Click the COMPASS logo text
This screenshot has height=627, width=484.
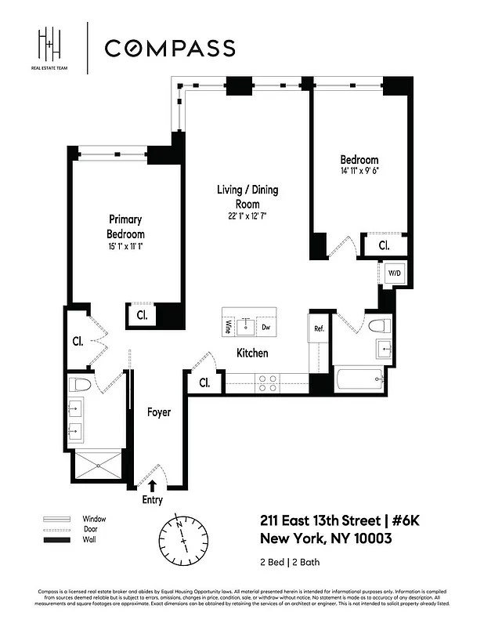click(x=169, y=48)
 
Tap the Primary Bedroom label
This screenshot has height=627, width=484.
click(x=125, y=227)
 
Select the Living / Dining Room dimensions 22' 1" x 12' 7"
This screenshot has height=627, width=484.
click(x=247, y=216)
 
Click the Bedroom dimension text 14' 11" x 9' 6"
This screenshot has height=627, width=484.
click(x=359, y=171)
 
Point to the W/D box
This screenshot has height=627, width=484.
click(x=394, y=273)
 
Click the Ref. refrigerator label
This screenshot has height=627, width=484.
click(x=320, y=328)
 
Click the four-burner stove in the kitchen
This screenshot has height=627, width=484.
click(x=266, y=382)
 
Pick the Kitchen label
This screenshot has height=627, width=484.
click(x=252, y=353)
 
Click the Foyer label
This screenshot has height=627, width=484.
click(x=159, y=411)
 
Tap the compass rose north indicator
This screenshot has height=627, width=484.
click(x=180, y=524)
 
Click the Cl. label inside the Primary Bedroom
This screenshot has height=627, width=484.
click(x=142, y=315)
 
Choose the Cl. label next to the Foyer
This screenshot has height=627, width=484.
click(x=204, y=383)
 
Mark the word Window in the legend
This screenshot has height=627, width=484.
click(x=94, y=519)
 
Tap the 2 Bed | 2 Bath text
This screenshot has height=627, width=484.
click(x=290, y=562)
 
